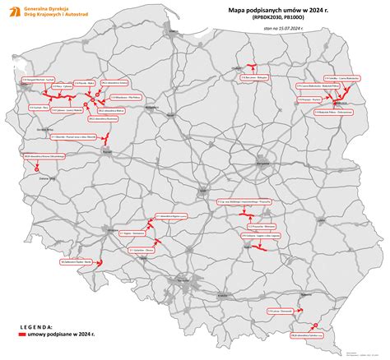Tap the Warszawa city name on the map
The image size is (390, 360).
[263, 163]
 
